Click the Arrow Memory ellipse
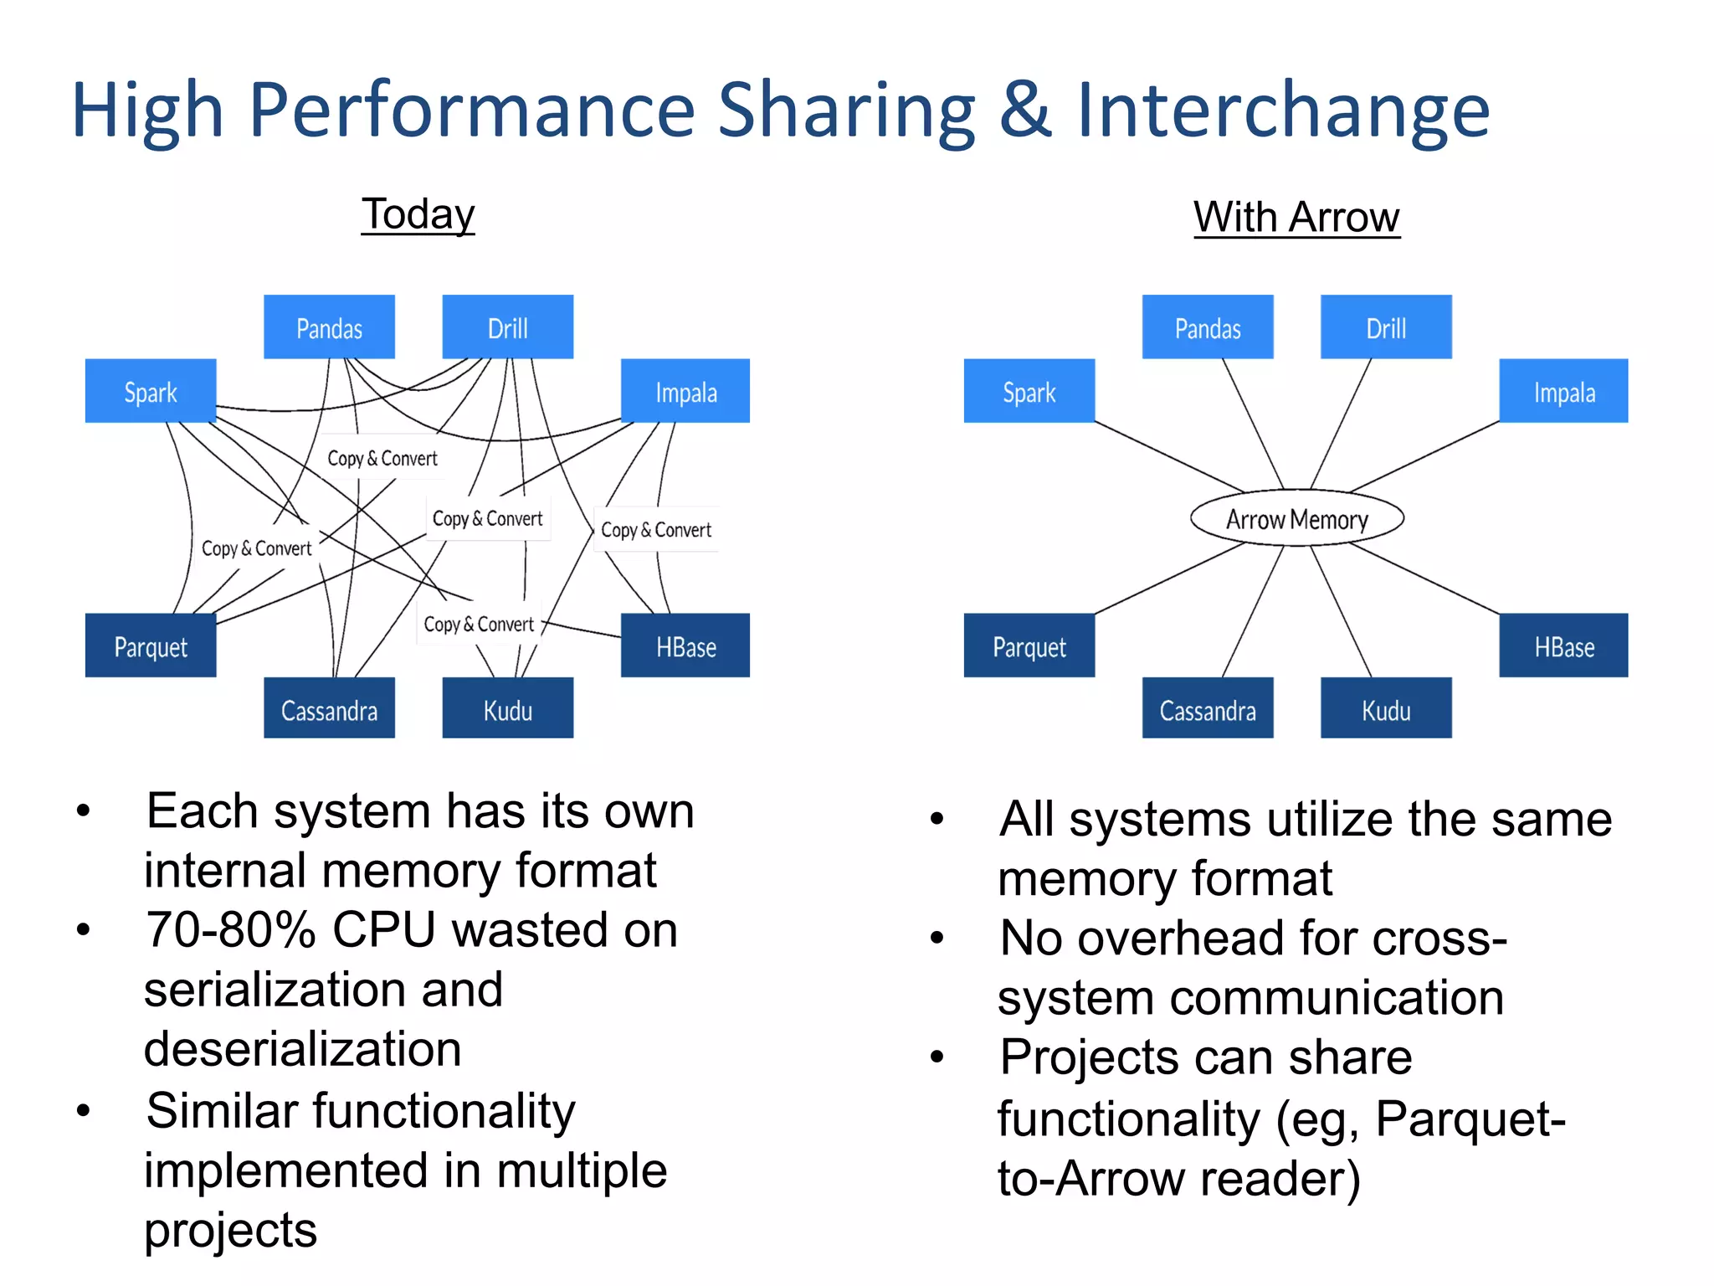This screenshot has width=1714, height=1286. (x=1296, y=519)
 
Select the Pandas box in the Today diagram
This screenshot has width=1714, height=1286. (x=329, y=327)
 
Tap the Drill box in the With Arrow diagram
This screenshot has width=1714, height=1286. (x=1386, y=327)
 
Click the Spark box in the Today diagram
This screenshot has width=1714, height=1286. (x=151, y=392)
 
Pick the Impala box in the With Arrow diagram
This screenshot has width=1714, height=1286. (x=1563, y=392)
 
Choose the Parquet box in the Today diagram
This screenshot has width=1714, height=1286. (x=151, y=646)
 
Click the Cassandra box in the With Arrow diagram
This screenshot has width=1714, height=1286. (x=1207, y=709)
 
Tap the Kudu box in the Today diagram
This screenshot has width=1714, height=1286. (x=507, y=709)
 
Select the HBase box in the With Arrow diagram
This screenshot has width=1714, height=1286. (x=1563, y=646)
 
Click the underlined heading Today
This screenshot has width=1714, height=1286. (x=418, y=214)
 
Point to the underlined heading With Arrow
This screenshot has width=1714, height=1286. (x=1296, y=218)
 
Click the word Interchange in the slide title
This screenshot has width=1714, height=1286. (x=1282, y=111)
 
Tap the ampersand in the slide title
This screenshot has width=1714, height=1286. (x=1025, y=111)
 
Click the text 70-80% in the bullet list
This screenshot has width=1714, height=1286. (x=229, y=930)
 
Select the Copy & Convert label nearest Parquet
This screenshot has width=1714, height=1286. (x=256, y=548)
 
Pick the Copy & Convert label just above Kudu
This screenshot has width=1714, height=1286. (x=478, y=624)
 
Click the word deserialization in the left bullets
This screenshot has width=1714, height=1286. (x=303, y=1050)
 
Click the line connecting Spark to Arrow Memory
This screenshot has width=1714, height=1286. (x=1168, y=456)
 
